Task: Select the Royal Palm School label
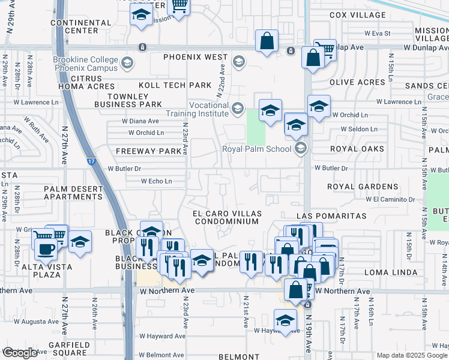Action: [257, 149]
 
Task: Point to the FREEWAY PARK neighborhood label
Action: [148, 151]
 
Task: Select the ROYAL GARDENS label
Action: [363, 187]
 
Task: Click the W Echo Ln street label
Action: [156, 181]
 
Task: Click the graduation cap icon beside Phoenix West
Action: [238, 61]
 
